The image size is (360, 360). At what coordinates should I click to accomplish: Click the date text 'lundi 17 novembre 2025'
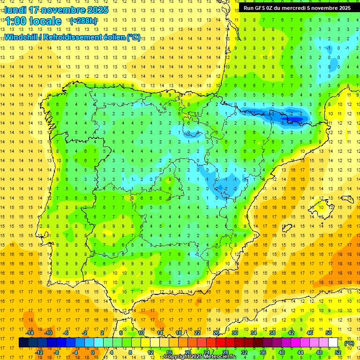(56, 10)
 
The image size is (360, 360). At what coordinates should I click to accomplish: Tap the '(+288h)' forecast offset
(83, 21)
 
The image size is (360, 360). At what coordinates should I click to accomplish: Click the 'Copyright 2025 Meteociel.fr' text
(200, 357)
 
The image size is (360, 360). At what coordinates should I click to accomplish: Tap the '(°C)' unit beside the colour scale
(349, 343)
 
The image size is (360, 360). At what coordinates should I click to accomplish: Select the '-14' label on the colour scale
(30, 333)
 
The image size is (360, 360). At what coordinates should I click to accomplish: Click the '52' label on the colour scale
(338, 352)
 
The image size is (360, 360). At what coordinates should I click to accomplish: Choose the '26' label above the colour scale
(216, 333)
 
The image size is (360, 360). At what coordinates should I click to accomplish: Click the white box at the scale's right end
(333, 343)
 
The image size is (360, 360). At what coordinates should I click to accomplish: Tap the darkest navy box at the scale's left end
(23, 343)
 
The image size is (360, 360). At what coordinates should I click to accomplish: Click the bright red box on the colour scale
(220, 343)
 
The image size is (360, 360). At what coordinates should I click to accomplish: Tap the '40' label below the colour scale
(282, 352)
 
